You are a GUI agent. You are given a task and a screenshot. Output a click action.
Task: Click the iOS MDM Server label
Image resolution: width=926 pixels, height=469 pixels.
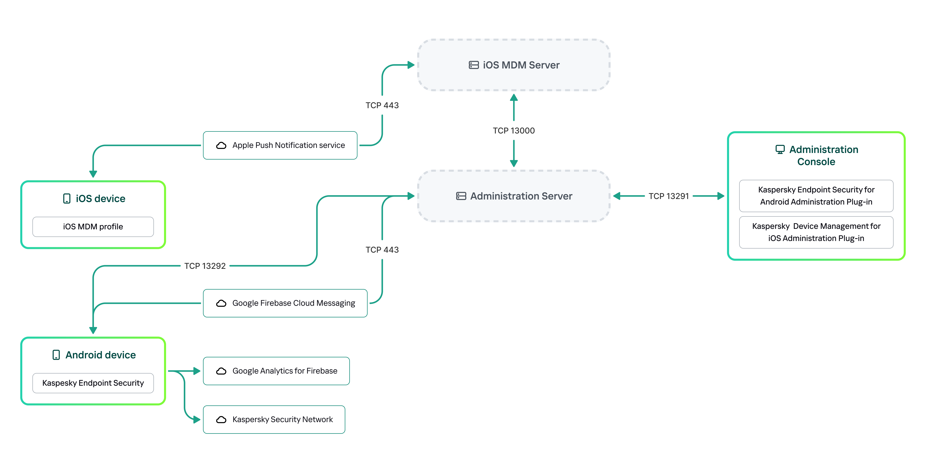(x=521, y=65)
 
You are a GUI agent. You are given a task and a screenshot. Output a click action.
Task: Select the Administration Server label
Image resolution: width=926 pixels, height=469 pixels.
(x=521, y=196)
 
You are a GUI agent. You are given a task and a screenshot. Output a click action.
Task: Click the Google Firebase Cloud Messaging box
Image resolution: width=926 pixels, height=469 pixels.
(x=285, y=303)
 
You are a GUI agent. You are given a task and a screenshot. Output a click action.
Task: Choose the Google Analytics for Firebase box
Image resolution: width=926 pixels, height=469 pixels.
(x=276, y=371)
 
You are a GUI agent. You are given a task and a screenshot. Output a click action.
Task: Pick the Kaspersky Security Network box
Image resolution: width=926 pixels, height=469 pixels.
(x=274, y=419)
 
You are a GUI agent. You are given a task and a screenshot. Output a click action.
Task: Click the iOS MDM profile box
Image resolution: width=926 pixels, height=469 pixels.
(x=93, y=227)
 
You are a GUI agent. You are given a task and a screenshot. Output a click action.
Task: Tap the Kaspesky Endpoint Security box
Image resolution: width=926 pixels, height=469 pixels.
(x=93, y=383)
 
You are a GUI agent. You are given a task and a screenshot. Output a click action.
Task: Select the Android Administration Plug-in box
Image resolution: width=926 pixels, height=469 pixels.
(x=816, y=196)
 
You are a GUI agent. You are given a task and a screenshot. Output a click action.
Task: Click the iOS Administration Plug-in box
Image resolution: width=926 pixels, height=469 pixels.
(x=816, y=232)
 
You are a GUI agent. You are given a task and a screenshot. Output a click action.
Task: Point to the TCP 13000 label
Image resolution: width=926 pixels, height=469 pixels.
(x=514, y=131)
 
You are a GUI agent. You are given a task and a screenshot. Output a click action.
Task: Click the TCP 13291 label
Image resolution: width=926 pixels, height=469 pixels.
(x=669, y=196)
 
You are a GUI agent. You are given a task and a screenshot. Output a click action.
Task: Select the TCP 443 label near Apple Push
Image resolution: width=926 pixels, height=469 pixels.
(x=382, y=105)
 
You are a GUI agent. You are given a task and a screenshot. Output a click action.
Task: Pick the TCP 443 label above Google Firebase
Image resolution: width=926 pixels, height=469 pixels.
(x=382, y=250)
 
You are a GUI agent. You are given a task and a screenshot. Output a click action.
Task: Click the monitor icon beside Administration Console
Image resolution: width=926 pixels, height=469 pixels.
(x=780, y=149)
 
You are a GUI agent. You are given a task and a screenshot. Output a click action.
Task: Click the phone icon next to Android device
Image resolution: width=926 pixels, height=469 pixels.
(x=56, y=355)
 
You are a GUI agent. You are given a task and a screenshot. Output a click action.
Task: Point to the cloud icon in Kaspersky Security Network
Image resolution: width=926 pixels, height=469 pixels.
(x=221, y=419)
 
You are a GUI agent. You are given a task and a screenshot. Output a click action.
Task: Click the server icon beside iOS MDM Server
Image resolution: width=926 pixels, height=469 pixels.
(x=473, y=65)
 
